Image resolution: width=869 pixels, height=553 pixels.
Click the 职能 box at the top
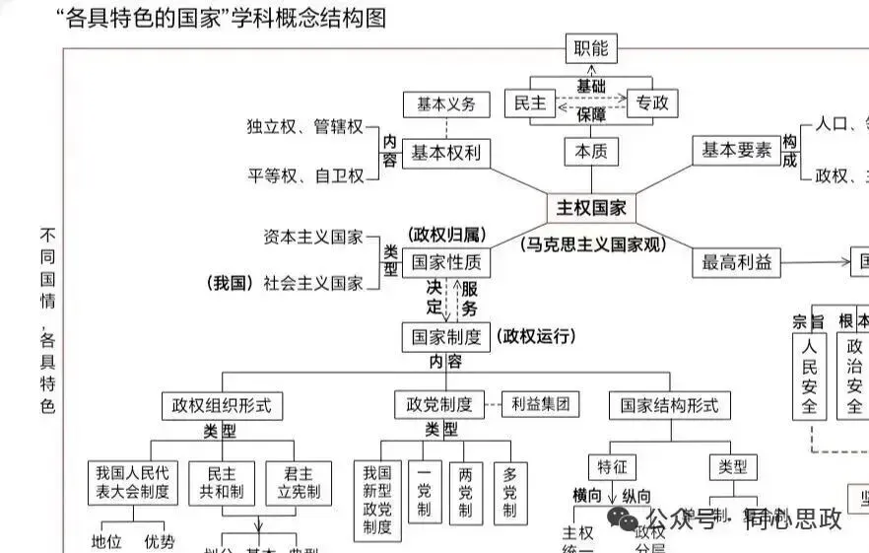coord(591,48)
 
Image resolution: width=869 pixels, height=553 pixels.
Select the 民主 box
coord(530,103)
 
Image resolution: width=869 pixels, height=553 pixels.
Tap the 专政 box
coord(651,103)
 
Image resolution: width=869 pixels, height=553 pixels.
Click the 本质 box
coord(591,152)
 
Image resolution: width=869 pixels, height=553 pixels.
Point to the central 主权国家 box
coord(591,208)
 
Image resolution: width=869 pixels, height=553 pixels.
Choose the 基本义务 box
coord(445,104)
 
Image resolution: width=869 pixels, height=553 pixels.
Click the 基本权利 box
coord(445,153)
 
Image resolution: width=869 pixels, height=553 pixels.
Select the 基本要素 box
coord(736,151)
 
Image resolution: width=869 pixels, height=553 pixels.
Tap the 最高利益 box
coord(736,262)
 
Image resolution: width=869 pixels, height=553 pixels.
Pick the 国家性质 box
coord(445,262)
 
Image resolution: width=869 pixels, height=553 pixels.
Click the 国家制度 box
coord(445,337)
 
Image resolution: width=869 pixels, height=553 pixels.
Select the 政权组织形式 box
coord(222,405)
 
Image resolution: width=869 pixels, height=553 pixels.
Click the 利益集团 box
coord(540,403)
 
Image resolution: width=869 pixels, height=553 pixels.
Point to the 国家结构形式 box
coord(670,405)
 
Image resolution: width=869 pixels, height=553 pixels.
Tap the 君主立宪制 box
coord(300,483)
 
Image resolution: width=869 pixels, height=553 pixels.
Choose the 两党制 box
coord(465,492)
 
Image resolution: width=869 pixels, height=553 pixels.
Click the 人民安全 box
coord(809,376)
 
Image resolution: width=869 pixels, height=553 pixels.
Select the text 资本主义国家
coord(313,238)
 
